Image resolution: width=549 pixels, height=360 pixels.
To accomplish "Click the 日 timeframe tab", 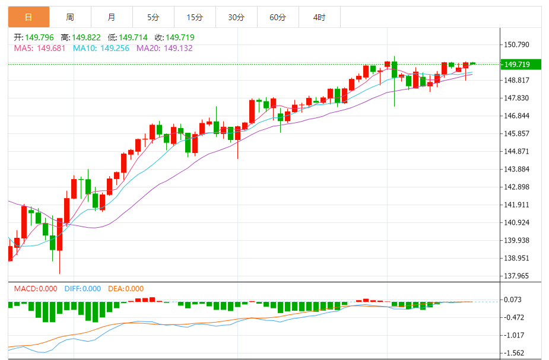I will pyautogui.click(x=28, y=17).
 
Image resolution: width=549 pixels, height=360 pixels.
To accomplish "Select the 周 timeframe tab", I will pyautogui.click(x=70, y=17).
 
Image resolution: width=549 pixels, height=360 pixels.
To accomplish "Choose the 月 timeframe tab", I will pyautogui.click(x=112, y=17).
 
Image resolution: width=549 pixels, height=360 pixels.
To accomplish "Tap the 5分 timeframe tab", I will pyautogui.click(x=153, y=17).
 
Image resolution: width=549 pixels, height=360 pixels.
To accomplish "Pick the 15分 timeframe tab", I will pyautogui.click(x=195, y=17).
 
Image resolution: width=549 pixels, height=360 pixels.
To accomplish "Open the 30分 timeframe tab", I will pyautogui.click(x=236, y=17).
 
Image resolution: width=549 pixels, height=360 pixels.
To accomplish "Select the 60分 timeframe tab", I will pyautogui.click(x=278, y=17).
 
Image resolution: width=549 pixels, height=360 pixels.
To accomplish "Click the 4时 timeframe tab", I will pyautogui.click(x=319, y=17).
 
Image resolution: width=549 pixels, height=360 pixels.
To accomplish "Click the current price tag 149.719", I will pyautogui.click(x=520, y=64).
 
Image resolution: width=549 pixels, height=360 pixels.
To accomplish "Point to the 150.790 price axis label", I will pyautogui.click(x=516, y=45).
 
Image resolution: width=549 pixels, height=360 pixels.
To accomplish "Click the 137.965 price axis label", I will pyautogui.click(x=516, y=276).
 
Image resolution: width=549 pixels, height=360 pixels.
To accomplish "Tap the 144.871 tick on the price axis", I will pyautogui.click(x=516, y=151).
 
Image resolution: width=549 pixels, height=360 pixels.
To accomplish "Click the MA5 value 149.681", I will pyautogui.click(x=50, y=48).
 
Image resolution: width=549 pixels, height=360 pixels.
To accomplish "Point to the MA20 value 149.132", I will pyautogui.click(x=178, y=48).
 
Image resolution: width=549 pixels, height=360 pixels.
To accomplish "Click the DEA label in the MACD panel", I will pyautogui.click(x=116, y=289).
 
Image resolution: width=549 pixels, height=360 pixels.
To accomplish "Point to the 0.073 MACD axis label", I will pyautogui.click(x=513, y=300).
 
